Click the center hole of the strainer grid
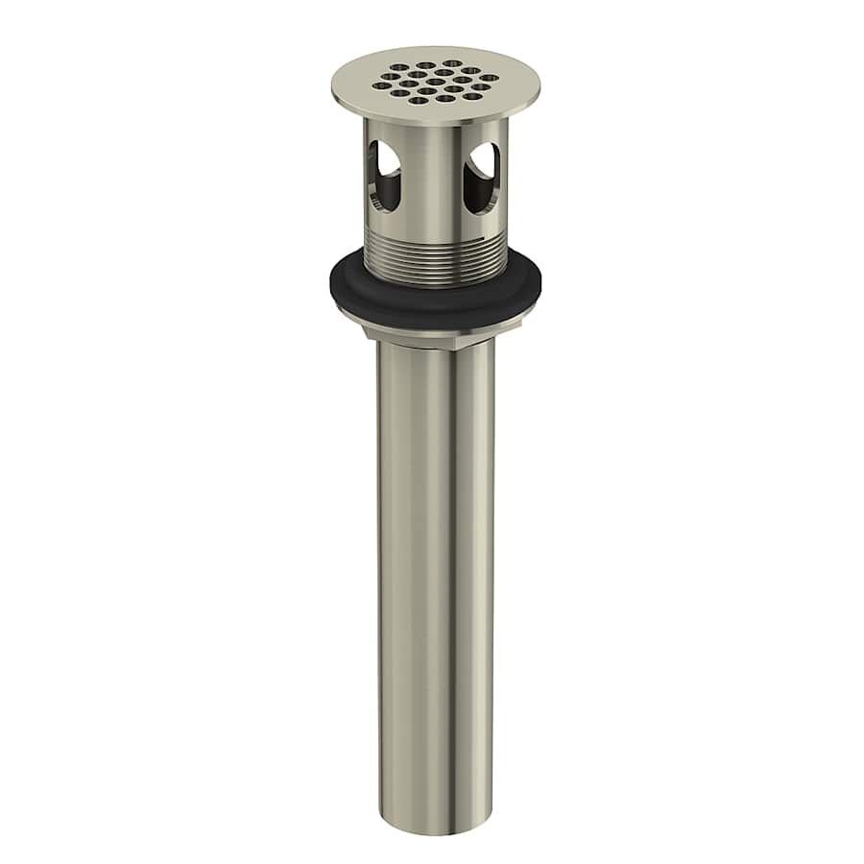pos(435,81)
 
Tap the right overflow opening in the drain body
pos(481,178)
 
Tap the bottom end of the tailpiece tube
pos(437,826)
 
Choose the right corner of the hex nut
pos(519,324)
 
